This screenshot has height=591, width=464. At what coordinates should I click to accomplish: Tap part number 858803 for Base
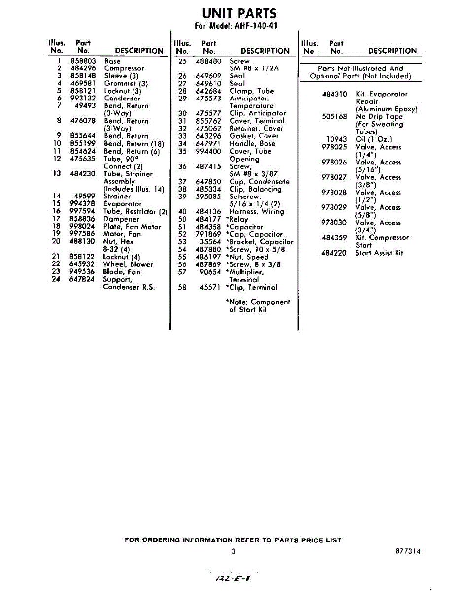pyautogui.click(x=82, y=61)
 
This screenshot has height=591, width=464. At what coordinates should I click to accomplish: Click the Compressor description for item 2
pyautogui.click(x=124, y=68)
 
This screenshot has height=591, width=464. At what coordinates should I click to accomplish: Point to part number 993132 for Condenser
pyautogui.click(x=82, y=98)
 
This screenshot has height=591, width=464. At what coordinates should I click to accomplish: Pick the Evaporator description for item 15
pyautogui.click(x=122, y=204)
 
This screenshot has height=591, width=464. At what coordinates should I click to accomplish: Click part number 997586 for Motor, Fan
pyautogui.click(x=82, y=234)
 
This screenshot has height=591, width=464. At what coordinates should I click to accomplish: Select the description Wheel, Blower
pyautogui.click(x=128, y=264)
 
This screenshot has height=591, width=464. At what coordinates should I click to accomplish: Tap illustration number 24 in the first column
pyautogui.click(x=56, y=279)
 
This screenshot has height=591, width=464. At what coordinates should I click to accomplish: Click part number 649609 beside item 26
pyautogui.click(x=208, y=76)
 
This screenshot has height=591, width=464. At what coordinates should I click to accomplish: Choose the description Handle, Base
pyautogui.click(x=253, y=143)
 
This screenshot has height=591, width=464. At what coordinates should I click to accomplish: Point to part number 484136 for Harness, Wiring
pyautogui.click(x=208, y=212)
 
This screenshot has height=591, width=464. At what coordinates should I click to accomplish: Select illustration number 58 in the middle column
pyautogui.click(x=183, y=287)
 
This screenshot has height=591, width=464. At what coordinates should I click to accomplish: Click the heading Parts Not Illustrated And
pyautogui.click(x=360, y=68)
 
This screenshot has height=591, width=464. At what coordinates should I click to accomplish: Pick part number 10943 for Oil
pyautogui.click(x=337, y=139)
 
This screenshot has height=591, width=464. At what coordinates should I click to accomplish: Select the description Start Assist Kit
pyautogui.click(x=379, y=253)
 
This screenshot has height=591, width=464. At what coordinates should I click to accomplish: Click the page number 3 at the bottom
pyautogui.click(x=234, y=551)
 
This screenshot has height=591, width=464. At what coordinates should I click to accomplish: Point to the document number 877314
pyautogui.click(x=407, y=551)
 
